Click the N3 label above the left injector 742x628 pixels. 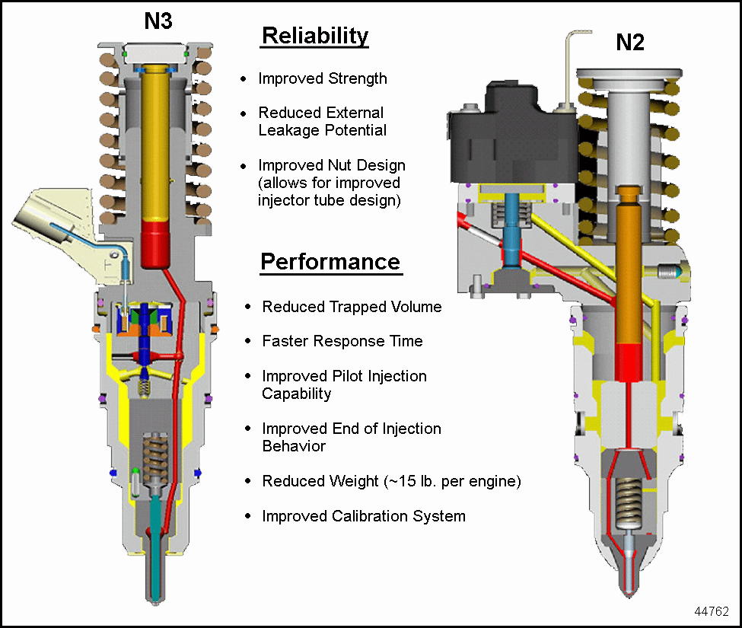(158, 21)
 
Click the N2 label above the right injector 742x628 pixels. (630, 43)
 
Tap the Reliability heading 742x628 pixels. (314, 37)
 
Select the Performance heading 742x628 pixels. (330, 262)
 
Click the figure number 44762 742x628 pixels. (712, 610)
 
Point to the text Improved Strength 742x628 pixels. (323, 78)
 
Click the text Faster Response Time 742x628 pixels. (342, 341)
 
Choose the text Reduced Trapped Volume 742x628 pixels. (352, 307)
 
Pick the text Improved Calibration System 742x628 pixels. (363, 516)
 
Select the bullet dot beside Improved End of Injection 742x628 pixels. (248, 429)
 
